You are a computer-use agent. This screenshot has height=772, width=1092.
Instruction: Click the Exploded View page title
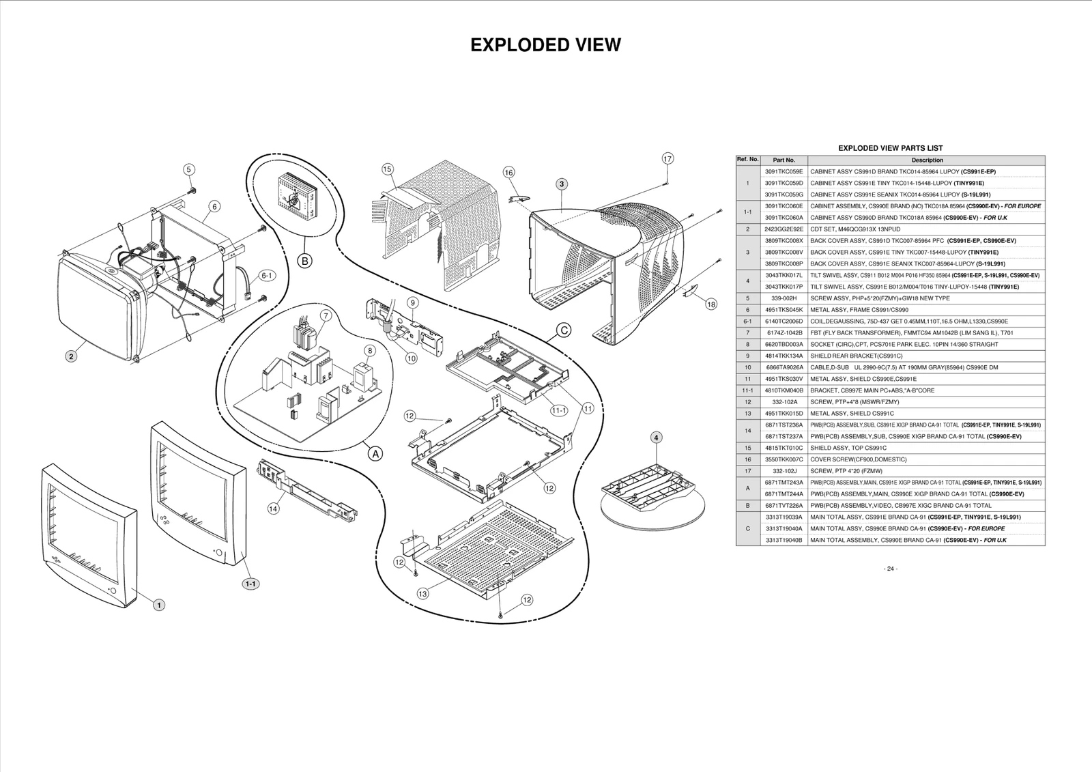[545, 45]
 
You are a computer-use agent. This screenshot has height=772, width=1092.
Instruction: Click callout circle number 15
[388, 169]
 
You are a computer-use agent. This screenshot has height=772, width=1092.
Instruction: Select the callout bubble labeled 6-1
[267, 276]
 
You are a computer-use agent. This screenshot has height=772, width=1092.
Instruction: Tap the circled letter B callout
[304, 260]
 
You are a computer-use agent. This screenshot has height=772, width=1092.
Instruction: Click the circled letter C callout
[564, 330]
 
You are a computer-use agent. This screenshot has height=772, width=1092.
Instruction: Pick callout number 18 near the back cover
[711, 304]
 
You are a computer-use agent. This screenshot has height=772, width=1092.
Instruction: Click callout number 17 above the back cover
[667, 158]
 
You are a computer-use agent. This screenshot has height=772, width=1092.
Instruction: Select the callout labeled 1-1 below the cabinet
[250, 584]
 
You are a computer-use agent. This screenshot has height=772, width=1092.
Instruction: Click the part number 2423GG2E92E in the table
[784, 229]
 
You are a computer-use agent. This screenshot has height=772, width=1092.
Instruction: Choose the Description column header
[927, 160]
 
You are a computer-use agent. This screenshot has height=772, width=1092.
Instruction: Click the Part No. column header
[784, 160]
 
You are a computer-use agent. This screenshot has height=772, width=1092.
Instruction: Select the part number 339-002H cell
[784, 298]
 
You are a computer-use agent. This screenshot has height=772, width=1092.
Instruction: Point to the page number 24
[890, 569]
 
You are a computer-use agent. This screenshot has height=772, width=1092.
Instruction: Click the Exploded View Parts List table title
[890, 148]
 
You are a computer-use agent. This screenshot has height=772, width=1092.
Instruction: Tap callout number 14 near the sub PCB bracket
[273, 509]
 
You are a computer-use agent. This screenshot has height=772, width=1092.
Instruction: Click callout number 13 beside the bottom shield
[423, 593]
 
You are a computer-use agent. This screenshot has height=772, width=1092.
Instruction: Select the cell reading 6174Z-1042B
[784, 333]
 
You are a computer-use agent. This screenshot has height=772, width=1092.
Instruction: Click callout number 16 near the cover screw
[508, 173]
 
